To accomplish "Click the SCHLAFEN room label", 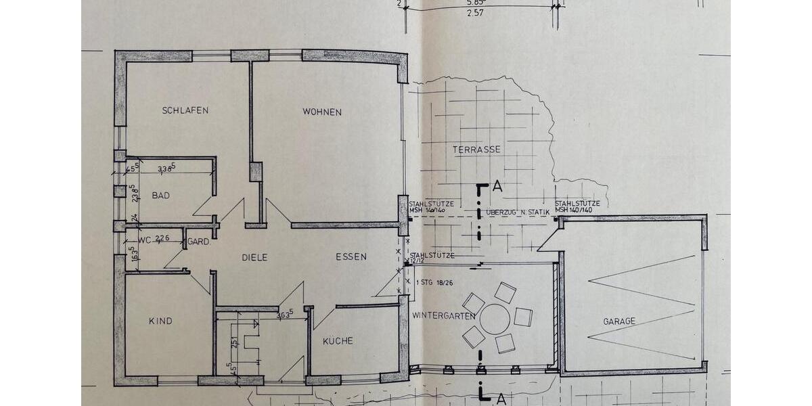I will pyautogui.click(x=185, y=110).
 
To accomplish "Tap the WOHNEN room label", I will pyautogui.click(x=322, y=112).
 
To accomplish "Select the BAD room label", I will pyautogui.click(x=160, y=196).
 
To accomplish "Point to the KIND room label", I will pyautogui.click(x=160, y=321).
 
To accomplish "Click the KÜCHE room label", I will pyautogui.click(x=338, y=341).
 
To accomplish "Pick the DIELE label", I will pyautogui.click(x=255, y=257).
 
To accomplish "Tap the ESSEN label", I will pyautogui.click(x=351, y=256).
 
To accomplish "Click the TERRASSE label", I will pyautogui.click(x=477, y=149).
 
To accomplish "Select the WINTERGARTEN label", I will pyautogui.click(x=444, y=315).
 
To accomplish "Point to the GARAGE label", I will pyautogui.click(x=619, y=321).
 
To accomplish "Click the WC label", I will pyautogui.click(x=144, y=239).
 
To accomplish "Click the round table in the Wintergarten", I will pyautogui.click(x=496, y=318).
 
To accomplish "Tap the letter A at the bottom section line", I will pyautogui.click(x=501, y=399).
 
